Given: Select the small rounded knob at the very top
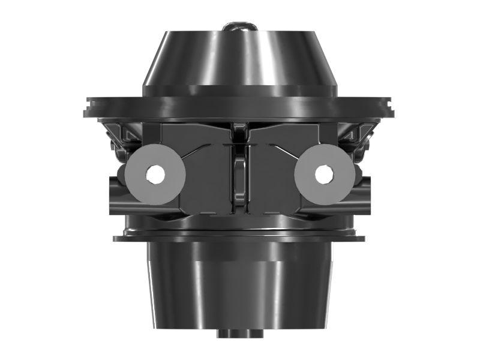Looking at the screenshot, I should [x=239, y=27].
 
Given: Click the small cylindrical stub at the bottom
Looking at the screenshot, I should [x=240, y=332].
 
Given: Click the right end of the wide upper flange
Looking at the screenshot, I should [x=394, y=110].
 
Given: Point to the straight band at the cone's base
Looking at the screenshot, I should [x=240, y=90].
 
